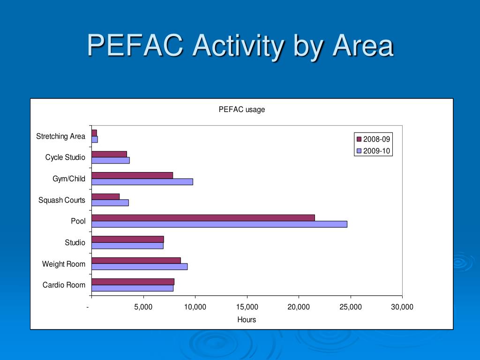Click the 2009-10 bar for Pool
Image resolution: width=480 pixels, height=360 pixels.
[219, 224]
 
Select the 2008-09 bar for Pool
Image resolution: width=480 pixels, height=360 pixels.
[203, 217]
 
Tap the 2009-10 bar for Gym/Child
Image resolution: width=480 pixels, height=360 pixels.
[142, 181]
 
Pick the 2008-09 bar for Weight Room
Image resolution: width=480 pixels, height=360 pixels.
[136, 260]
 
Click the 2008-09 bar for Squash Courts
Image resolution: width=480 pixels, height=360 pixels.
[105, 196]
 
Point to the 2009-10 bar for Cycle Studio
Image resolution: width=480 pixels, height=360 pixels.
[111, 160]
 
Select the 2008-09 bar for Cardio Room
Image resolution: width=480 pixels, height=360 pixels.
[133, 282]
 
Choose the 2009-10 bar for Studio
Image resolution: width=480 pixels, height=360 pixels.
[127, 246]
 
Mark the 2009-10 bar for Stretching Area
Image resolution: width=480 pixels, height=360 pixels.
[95, 139]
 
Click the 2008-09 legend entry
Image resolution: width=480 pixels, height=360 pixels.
[373, 139]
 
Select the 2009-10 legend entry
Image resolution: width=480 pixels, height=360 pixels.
[373, 151]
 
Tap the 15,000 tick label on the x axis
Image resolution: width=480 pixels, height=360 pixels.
[247, 307]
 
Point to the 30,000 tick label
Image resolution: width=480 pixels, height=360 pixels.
[402, 307]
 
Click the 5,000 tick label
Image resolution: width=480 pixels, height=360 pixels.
[143, 307]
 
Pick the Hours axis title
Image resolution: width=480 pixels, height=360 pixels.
[247, 320]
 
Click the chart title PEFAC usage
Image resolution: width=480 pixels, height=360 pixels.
[242, 110]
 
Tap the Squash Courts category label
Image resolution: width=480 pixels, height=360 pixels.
[62, 200]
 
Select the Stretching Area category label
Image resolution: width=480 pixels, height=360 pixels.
[61, 136]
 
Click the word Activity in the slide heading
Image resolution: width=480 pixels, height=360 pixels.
[238, 46]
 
